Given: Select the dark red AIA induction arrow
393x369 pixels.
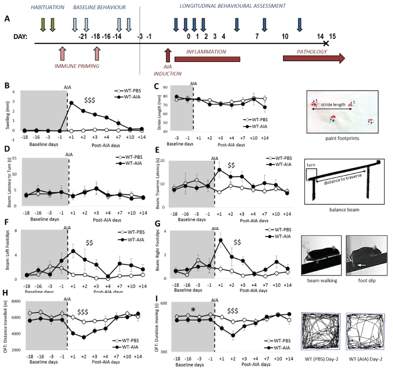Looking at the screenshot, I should [x=167, y=57].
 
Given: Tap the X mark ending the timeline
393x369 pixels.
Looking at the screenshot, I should [x=326, y=43].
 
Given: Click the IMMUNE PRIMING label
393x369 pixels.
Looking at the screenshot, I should [x=77, y=66].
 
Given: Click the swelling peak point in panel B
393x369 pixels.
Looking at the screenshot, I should [x=71, y=103].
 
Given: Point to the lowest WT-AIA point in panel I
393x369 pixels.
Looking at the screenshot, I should [x=233, y=335].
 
